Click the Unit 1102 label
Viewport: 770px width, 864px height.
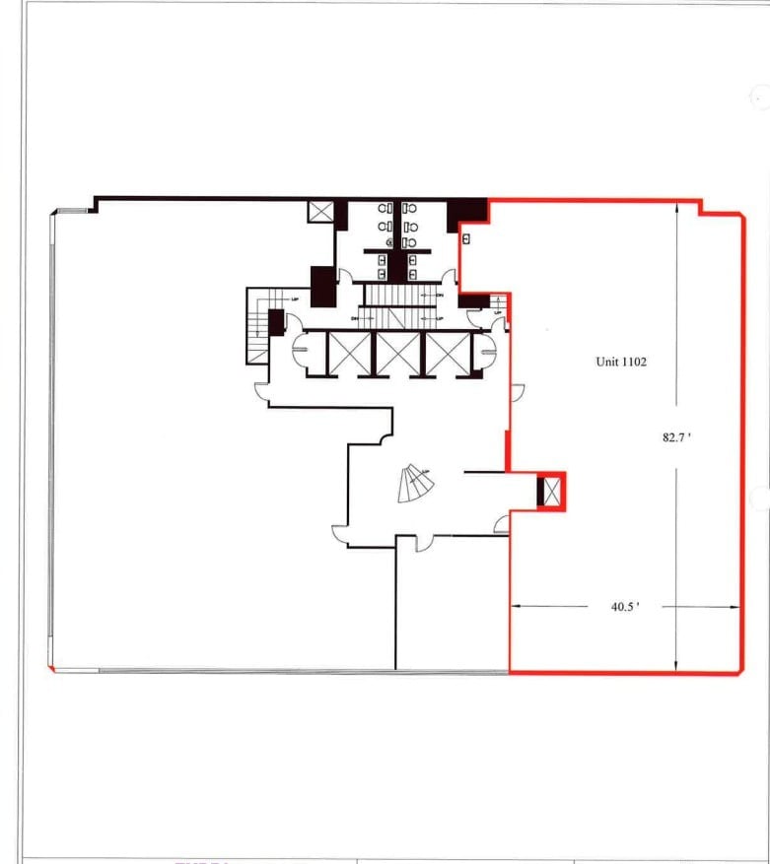(x=620, y=362)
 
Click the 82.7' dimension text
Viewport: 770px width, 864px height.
(x=675, y=438)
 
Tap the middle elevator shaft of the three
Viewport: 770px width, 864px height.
(x=398, y=355)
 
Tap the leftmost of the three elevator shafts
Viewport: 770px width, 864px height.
(x=350, y=355)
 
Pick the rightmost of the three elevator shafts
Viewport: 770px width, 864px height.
(x=446, y=355)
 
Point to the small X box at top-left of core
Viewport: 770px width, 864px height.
(x=320, y=211)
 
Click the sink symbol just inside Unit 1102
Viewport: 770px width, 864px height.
(x=466, y=237)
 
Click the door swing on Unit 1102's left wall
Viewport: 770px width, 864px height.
(x=518, y=393)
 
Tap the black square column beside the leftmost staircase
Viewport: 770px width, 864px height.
(x=276, y=321)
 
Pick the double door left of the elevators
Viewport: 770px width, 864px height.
(x=300, y=353)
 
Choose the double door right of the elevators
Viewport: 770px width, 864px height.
(x=490, y=352)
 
